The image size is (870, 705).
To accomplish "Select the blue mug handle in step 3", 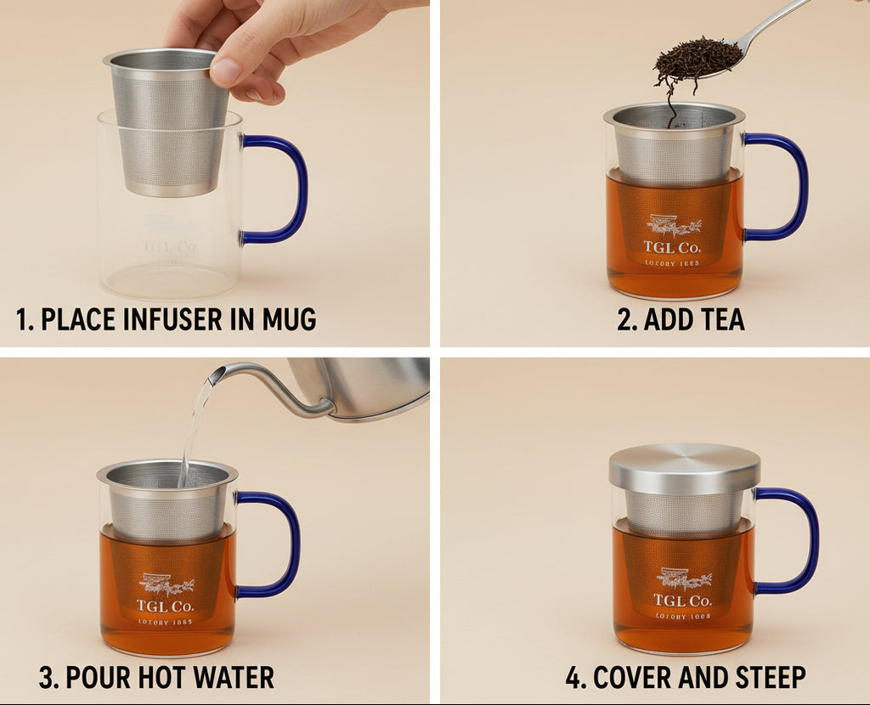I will tap(294, 544).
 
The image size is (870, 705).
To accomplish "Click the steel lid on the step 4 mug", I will tap(684, 467).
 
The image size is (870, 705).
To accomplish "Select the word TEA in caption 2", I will tap(717, 320).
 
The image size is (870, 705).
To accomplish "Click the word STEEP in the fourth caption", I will tap(765, 679).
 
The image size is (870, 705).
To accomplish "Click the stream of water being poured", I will tap(194, 433).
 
